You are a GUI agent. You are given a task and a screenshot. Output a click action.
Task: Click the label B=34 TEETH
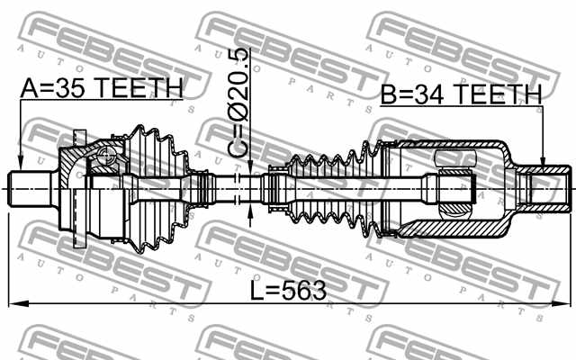(460, 94)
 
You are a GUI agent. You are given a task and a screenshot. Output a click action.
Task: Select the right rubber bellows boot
(333, 189)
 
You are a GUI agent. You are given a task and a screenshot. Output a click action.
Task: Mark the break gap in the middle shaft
(236, 190)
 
